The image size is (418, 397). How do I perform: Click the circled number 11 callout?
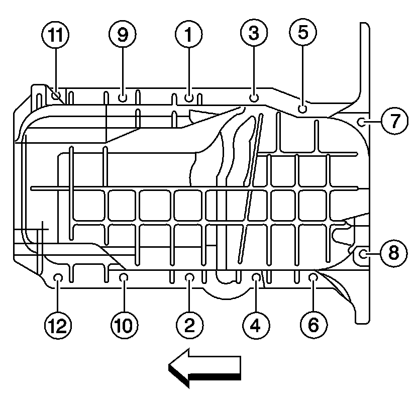pyautogui.click(x=55, y=35)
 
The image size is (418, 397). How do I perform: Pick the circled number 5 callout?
pyautogui.click(x=303, y=33)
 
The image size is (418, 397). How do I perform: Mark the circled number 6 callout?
pyautogui.click(x=312, y=325)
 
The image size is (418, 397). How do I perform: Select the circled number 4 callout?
pyautogui.click(x=255, y=325)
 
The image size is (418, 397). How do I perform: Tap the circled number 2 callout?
pyautogui.click(x=189, y=325)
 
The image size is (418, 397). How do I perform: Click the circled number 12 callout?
pyautogui.click(x=58, y=325)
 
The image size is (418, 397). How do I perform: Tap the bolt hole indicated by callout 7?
pyautogui.click(x=361, y=121)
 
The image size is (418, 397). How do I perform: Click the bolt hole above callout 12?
pyautogui.click(x=58, y=277)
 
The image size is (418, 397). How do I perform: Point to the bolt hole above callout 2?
pyautogui.click(x=189, y=276)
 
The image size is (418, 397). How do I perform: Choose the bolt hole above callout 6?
pyautogui.click(x=312, y=276)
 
